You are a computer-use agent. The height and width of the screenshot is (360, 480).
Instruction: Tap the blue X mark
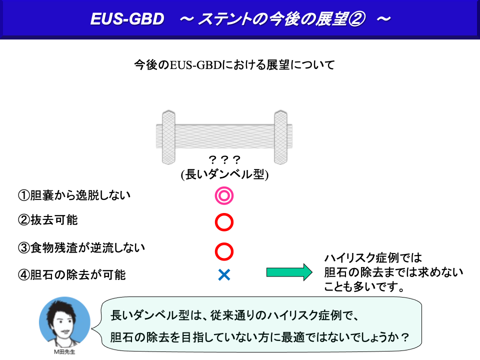(x=224, y=274)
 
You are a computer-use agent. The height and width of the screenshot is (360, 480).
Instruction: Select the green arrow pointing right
(x=289, y=272)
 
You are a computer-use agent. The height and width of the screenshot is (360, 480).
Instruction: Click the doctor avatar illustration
(x=64, y=321)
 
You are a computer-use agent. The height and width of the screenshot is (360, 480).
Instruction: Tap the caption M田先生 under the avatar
(x=64, y=351)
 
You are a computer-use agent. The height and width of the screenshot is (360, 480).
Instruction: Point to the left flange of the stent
(x=168, y=137)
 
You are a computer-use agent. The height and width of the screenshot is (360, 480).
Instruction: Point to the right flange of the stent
(x=280, y=137)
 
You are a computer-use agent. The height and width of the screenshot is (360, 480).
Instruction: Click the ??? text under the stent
(x=224, y=159)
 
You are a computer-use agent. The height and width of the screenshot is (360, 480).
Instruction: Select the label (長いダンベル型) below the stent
(x=224, y=174)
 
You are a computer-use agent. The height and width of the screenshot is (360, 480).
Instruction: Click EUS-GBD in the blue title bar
(x=127, y=19)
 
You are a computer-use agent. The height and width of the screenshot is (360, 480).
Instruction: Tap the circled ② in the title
(x=356, y=19)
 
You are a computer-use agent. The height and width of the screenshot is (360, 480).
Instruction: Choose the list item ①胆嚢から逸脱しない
(x=74, y=195)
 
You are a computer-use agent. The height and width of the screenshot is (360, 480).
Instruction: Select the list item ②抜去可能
(x=48, y=220)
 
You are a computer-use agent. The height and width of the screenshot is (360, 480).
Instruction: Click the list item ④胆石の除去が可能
(x=71, y=274)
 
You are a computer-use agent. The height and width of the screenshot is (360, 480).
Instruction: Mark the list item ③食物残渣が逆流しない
(x=81, y=247)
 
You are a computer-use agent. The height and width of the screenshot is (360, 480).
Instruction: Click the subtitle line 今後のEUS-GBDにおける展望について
(x=234, y=65)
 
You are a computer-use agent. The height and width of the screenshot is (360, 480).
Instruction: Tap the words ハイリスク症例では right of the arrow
(x=373, y=258)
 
